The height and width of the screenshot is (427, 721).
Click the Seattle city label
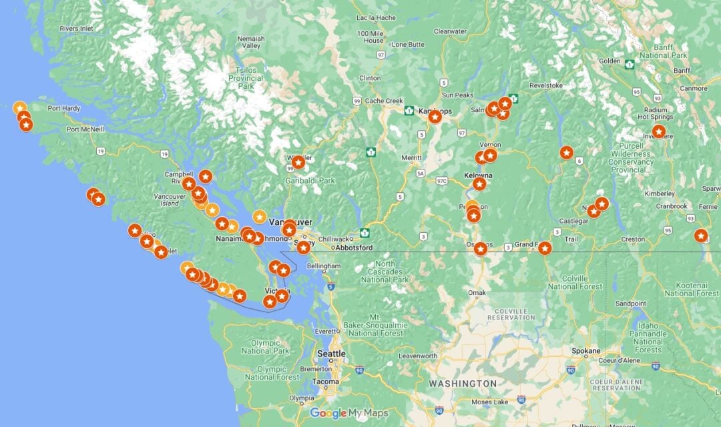(331, 354)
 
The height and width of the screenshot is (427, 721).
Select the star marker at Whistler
(298, 162)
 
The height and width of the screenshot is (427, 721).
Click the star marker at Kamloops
(435, 117)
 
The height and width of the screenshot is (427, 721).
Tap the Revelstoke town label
(546, 85)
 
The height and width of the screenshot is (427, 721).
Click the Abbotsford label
(355, 248)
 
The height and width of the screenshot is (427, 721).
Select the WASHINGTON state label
(463, 384)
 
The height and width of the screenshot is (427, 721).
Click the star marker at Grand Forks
(545, 248)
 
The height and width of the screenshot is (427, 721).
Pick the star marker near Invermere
(658, 131)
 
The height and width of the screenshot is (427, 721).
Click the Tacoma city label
(325, 381)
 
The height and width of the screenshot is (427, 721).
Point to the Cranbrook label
(671, 206)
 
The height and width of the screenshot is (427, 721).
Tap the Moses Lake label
(491, 402)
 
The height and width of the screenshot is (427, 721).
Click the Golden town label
(610, 61)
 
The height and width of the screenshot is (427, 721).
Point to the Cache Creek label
(384, 101)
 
